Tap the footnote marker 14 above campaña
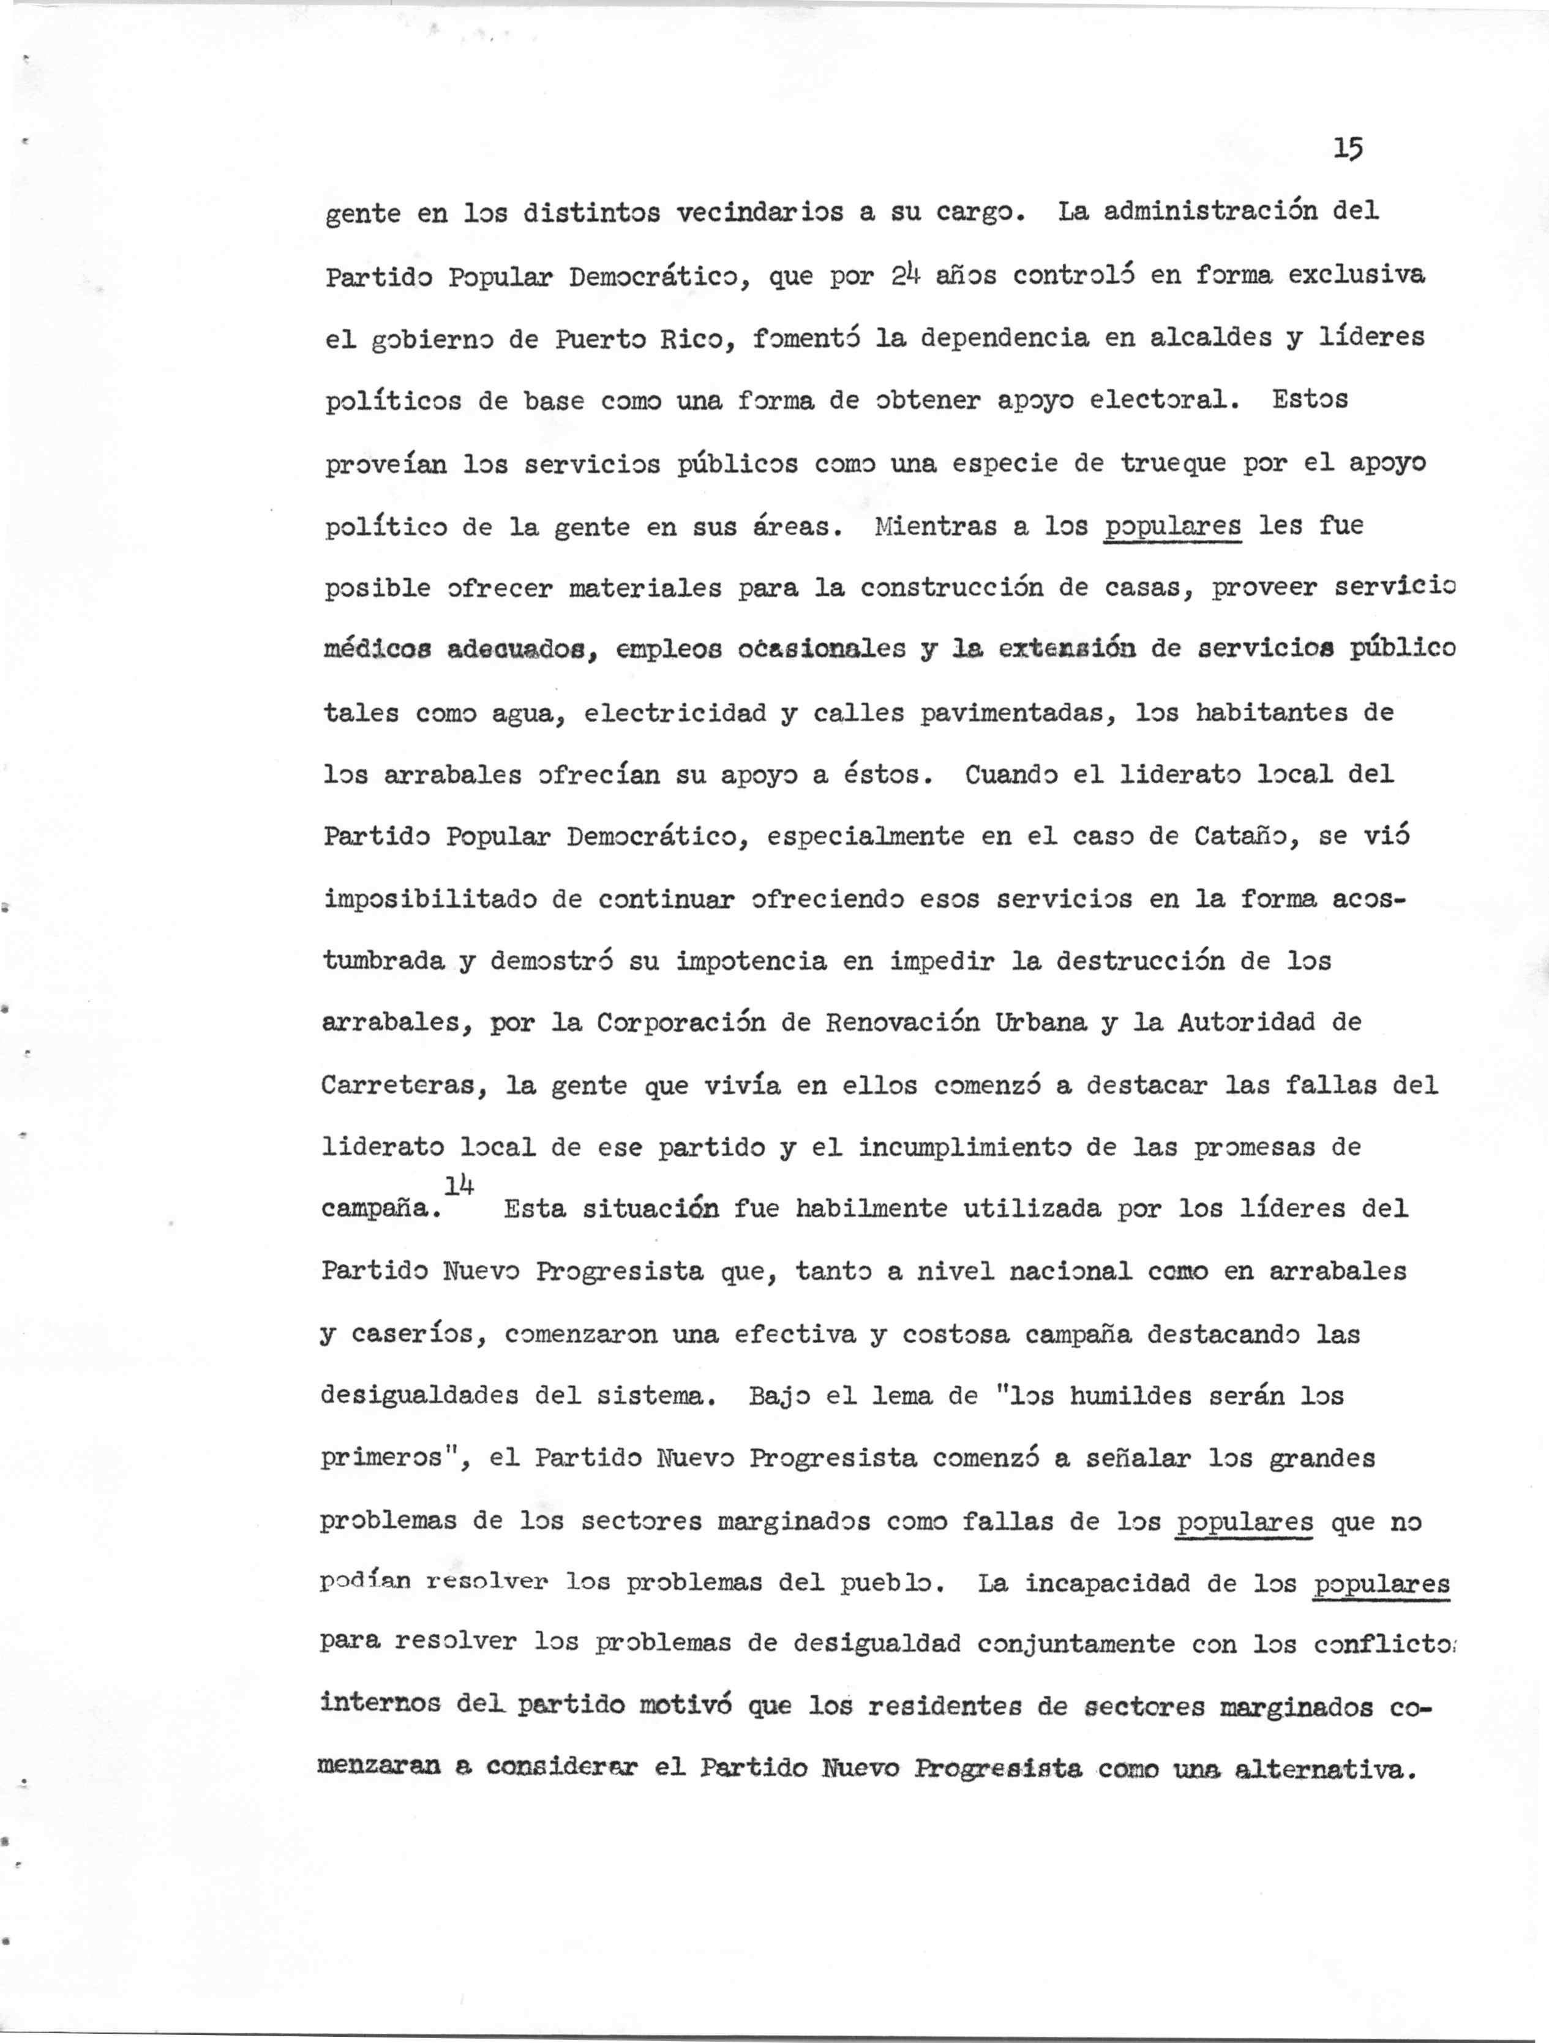click(459, 1186)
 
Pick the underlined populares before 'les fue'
click(1173, 527)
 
